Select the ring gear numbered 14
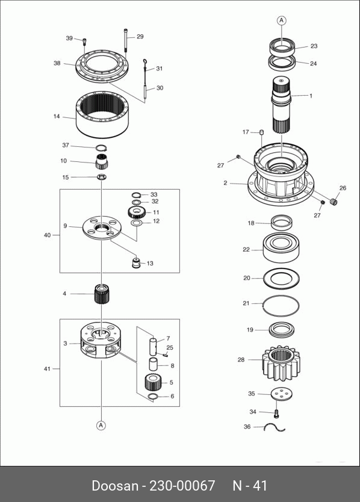(102, 114)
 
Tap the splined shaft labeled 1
(282, 105)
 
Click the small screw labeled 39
(84, 42)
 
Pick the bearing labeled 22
(281, 248)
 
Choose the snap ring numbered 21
(281, 306)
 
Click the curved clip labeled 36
(275, 427)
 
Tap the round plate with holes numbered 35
(282, 394)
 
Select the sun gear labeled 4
(102, 293)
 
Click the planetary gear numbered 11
(137, 212)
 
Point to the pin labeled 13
(137, 263)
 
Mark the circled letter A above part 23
(282, 20)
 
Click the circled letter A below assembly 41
(101, 425)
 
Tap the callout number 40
(47, 235)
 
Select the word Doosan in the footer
(115, 486)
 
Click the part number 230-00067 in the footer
(182, 486)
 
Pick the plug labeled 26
(334, 202)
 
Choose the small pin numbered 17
(261, 132)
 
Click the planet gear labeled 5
(153, 382)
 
